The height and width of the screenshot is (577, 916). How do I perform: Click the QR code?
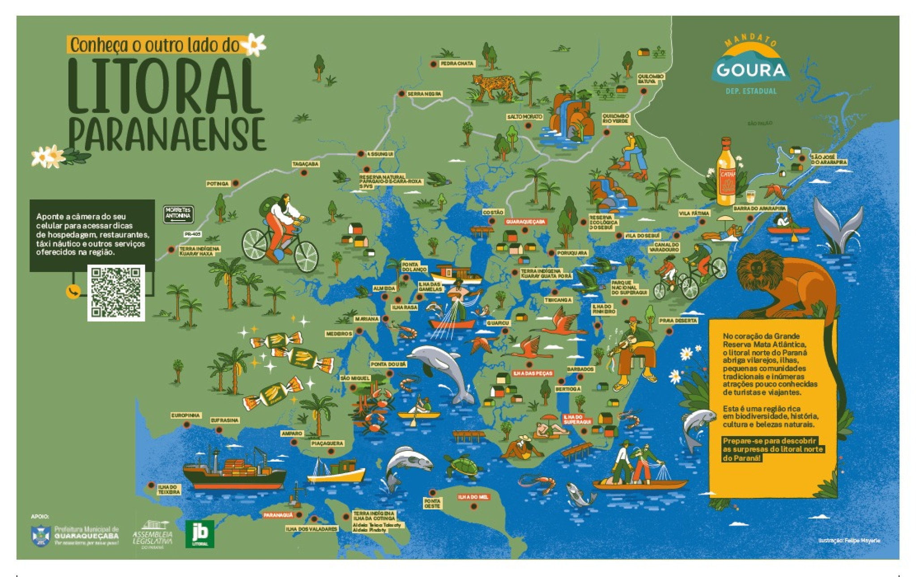(x=116, y=293)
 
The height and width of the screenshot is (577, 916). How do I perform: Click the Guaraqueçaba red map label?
(x=526, y=221)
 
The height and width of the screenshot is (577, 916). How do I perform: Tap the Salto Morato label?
(x=524, y=117)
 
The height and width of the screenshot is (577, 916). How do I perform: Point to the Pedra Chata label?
(x=456, y=64)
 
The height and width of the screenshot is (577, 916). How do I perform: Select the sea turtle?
(x=464, y=466)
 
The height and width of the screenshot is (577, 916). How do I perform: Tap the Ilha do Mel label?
(x=473, y=497)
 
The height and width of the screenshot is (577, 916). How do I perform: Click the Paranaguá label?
(x=278, y=515)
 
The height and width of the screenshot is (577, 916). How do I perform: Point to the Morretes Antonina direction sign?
(x=178, y=214)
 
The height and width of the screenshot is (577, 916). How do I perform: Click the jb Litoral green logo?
(x=200, y=534)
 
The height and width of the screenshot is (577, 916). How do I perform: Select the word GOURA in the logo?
(x=751, y=70)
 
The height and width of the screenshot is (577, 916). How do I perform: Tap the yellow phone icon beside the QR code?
(x=73, y=292)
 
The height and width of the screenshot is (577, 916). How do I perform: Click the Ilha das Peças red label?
(x=533, y=373)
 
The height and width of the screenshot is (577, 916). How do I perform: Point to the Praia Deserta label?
(x=678, y=321)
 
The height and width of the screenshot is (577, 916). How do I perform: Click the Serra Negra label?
(x=424, y=93)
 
